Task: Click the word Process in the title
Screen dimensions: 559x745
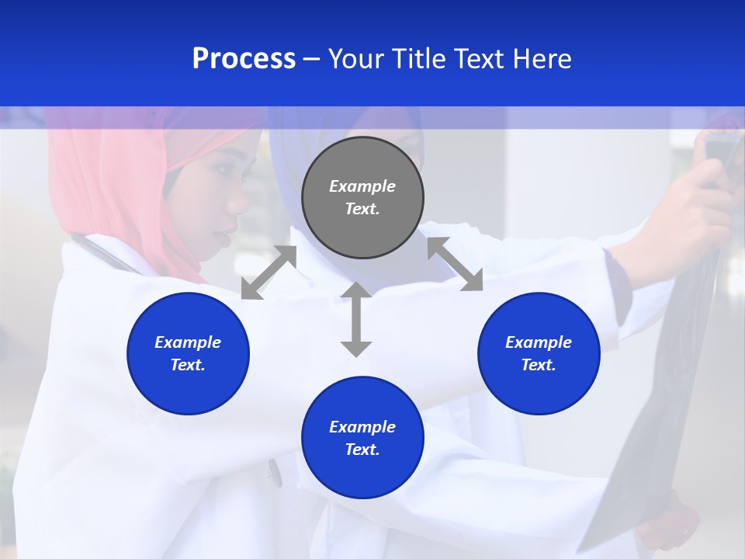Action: point(244,59)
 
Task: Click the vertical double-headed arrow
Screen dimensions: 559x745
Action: point(356,319)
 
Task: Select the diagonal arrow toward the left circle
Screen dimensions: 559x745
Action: point(269,273)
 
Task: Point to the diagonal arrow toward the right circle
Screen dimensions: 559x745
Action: point(455,265)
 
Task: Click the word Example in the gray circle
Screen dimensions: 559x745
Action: point(362,186)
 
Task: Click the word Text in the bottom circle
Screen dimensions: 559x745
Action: point(362,450)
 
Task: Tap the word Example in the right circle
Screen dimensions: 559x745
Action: point(539,342)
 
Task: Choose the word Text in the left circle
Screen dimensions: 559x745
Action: point(188,365)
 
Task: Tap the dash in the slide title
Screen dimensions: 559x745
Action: point(311,60)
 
